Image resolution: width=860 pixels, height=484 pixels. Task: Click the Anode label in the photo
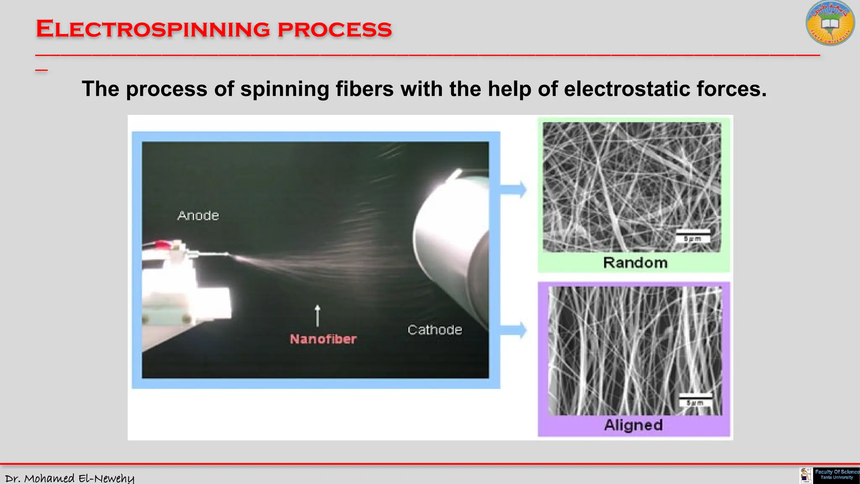pyautogui.click(x=198, y=216)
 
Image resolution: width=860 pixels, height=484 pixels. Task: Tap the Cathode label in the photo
pyautogui.click(x=435, y=330)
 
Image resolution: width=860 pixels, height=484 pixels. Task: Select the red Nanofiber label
pyautogui.click(x=323, y=339)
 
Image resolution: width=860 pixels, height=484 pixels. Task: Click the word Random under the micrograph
pyautogui.click(x=635, y=263)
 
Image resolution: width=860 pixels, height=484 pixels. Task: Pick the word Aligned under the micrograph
pyautogui.click(x=633, y=425)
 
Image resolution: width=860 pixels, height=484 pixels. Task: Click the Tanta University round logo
pyautogui.click(x=830, y=24)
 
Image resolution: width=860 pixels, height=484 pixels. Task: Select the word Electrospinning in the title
pyautogui.click(x=153, y=29)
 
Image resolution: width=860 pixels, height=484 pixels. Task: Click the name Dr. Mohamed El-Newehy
pyautogui.click(x=70, y=478)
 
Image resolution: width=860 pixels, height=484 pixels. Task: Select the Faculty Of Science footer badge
pyautogui.click(x=836, y=475)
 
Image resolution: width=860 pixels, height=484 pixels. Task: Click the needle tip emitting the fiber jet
pyautogui.click(x=227, y=254)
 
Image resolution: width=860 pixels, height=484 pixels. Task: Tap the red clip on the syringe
pyautogui.click(x=162, y=244)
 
